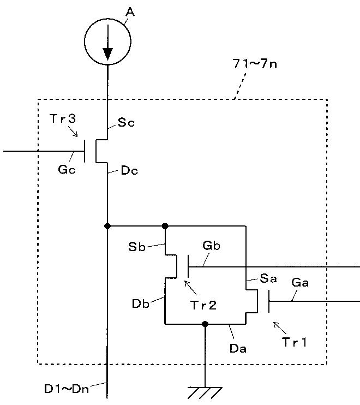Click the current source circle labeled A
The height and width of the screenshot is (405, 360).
point(107,19)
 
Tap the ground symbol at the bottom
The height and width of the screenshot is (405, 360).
point(205,392)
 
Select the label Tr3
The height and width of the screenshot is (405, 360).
point(63,118)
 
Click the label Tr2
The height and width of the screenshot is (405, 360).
point(203,305)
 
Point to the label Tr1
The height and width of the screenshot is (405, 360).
point(295,342)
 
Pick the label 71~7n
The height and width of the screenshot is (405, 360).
point(255,63)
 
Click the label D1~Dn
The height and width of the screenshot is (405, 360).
point(67,389)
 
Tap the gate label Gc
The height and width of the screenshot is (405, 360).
point(67,170)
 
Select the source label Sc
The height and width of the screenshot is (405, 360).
point(126,122)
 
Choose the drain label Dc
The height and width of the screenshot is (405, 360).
point(130,170)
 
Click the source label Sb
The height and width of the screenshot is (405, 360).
point(137,247)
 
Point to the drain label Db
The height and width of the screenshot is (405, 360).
point(140,303)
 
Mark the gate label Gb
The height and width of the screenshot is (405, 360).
point(211,246)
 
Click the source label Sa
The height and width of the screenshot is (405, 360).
point(268,278)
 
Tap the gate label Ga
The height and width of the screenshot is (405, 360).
point(300,282)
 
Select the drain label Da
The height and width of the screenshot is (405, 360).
point(238,348)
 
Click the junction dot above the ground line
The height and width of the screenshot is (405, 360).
point(205,324)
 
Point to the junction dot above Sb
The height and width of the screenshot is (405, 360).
point(165,227)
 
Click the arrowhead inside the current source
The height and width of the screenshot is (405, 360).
point(107,54)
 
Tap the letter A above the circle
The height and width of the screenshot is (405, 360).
point(130,11)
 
